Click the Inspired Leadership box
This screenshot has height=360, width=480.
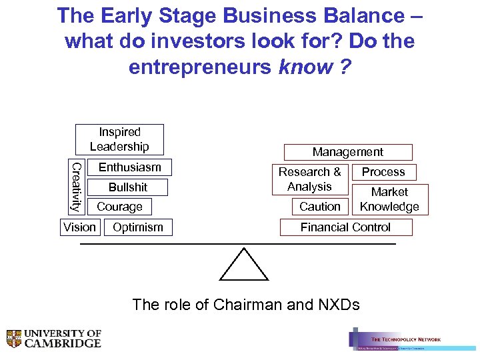click(119, 139)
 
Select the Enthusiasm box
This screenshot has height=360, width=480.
click(130, 167)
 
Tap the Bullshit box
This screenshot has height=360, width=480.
click(128, 187)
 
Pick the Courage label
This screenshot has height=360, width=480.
click(119, 207)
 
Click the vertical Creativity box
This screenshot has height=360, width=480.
click(77, 187)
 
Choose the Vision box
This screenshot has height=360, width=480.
click(79, 227)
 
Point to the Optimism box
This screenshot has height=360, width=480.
click(138, 227)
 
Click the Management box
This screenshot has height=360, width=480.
click(347, 152)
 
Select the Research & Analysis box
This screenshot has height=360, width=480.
click(309, 179)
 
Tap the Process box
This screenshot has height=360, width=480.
click(383, 172)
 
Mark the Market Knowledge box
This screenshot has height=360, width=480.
click(389, 199)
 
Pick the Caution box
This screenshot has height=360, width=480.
click(320, 207)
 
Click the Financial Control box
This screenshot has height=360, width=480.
click(345, 227)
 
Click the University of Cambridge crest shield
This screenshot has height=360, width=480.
click(14, 339)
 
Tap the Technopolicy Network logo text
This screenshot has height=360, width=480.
click(405, 339)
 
